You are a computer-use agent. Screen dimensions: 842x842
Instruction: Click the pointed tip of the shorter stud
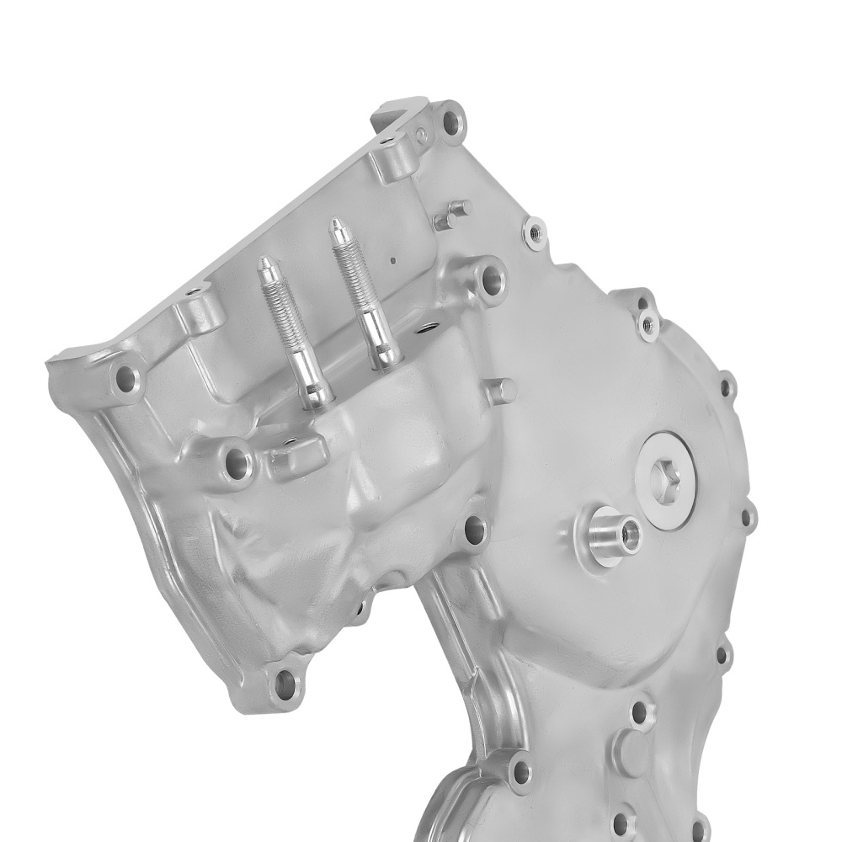[x=264, y=262]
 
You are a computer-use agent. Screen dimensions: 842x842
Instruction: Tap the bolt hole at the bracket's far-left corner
[x=126, y=380]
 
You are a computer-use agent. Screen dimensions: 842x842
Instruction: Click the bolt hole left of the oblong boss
[x=238, y=461]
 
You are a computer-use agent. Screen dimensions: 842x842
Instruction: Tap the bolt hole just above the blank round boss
[x=639, y=711]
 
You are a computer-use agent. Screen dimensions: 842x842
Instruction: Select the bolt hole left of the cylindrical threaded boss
[x=474, y=530]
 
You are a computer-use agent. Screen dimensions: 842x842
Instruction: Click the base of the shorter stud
[x=315, y=396]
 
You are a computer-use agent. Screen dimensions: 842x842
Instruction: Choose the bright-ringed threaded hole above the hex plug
[x=648, y=321]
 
